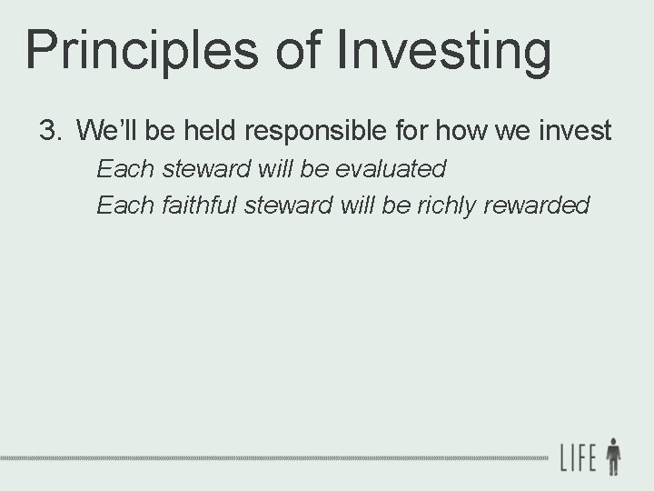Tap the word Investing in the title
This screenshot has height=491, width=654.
pos(445,51)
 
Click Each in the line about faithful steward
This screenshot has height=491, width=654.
pos(118,205)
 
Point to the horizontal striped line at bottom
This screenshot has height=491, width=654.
pos(272,456)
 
